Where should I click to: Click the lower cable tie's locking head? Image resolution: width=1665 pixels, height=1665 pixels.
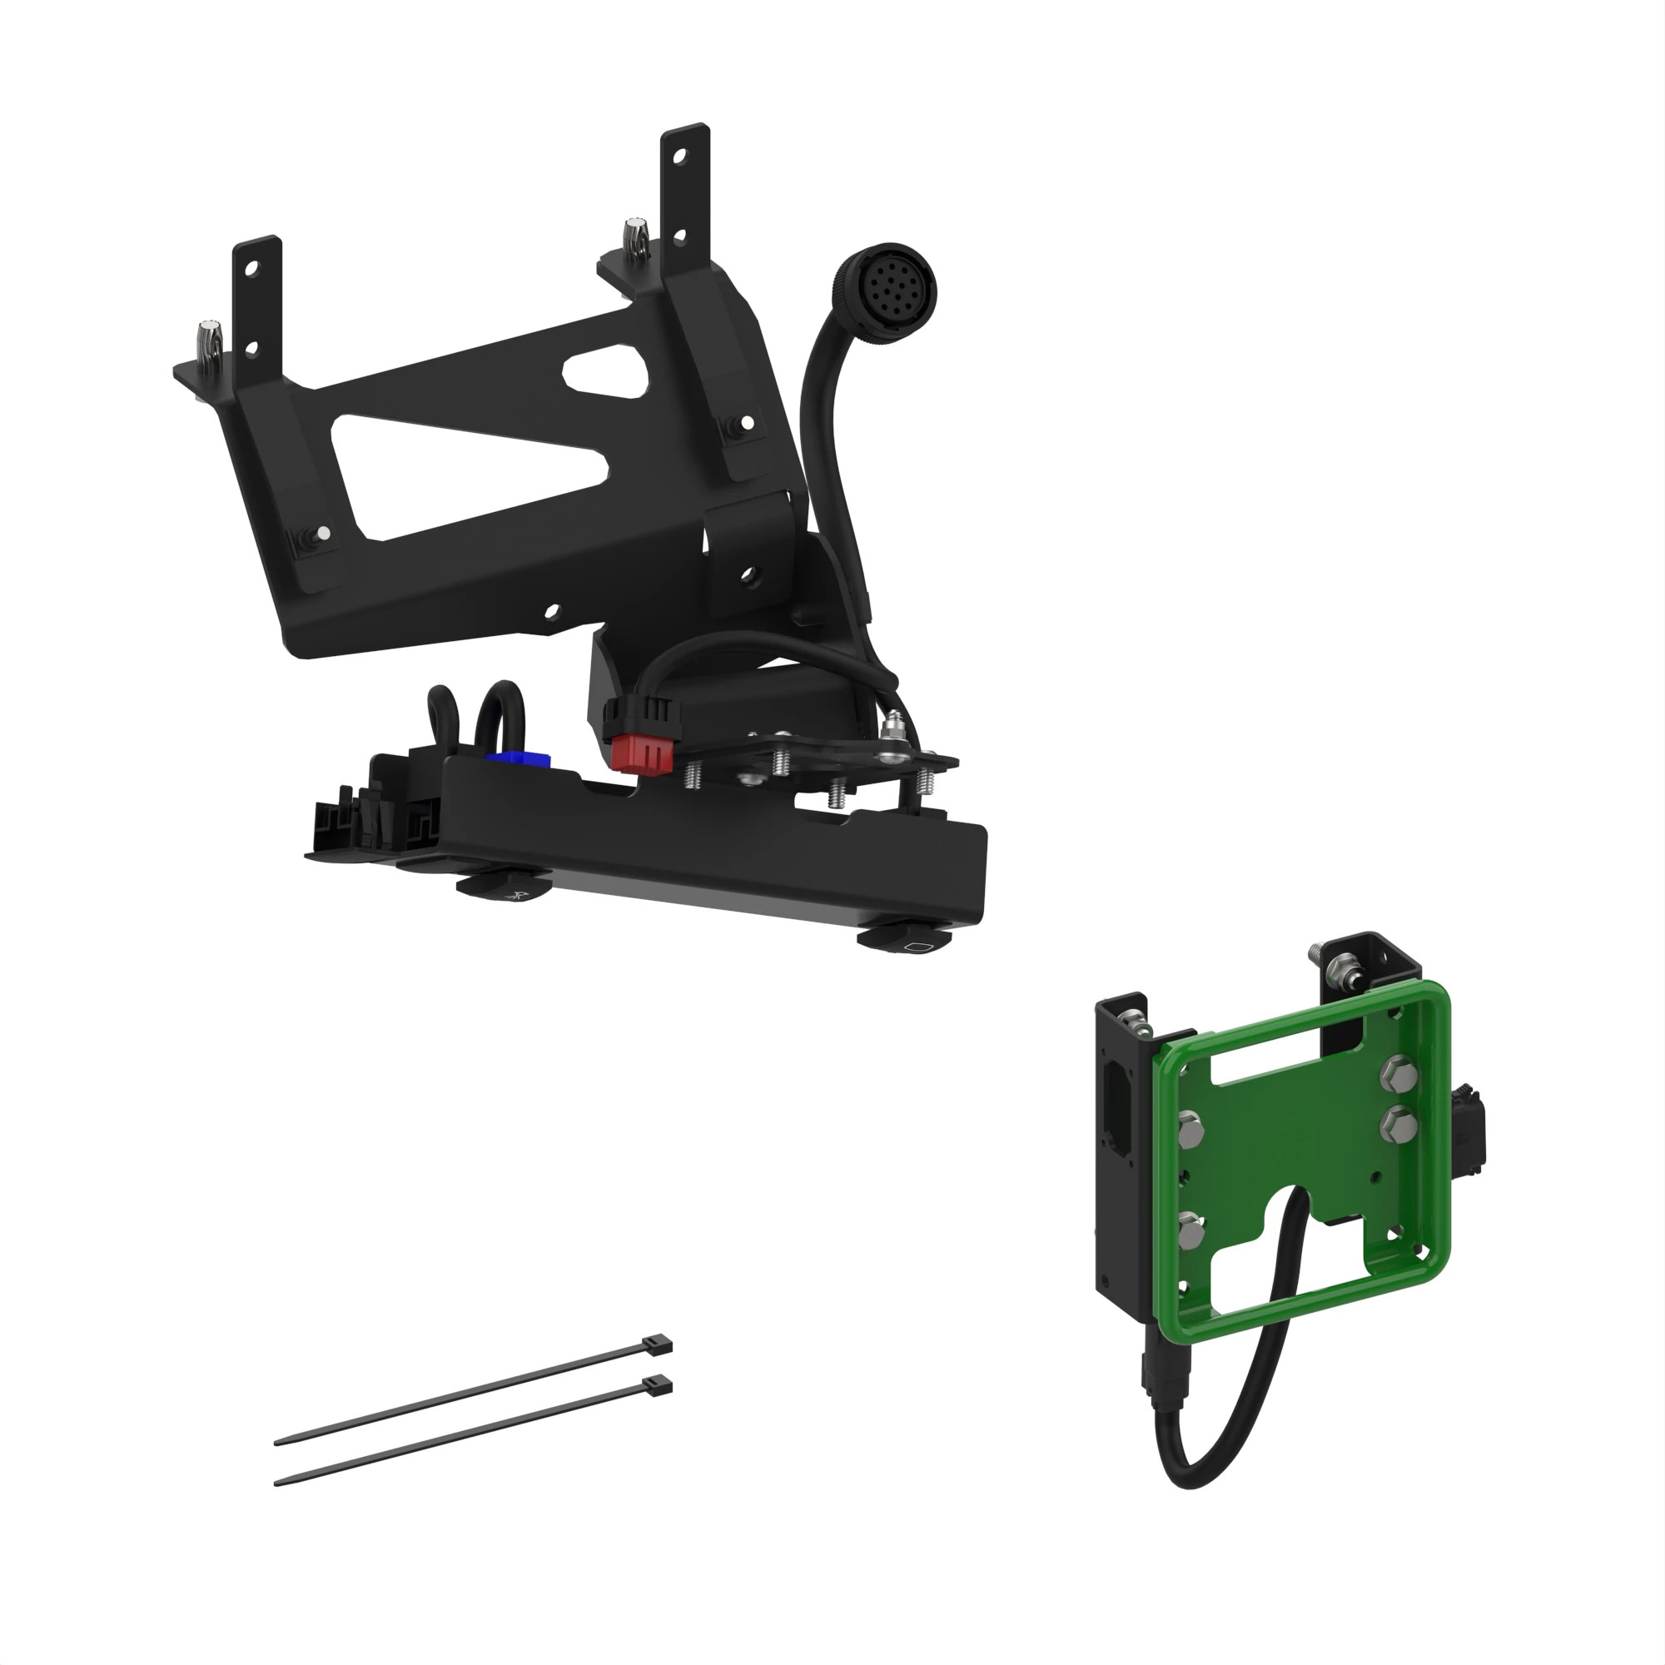pos(657,1385)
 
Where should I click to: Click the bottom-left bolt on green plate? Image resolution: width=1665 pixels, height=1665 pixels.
pos(1190,1234)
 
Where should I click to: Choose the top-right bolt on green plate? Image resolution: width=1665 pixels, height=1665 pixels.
pos(1397,1072)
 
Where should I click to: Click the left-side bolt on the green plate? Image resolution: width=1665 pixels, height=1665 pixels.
pos(1192,1126)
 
